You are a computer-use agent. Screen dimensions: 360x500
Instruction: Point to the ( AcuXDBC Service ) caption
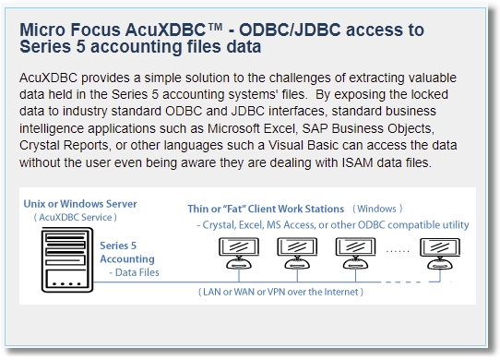tap(76, 217)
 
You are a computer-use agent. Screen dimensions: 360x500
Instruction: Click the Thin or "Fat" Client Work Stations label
tap(266, 209)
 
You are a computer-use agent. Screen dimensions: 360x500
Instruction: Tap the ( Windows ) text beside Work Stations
tap(377, 210)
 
